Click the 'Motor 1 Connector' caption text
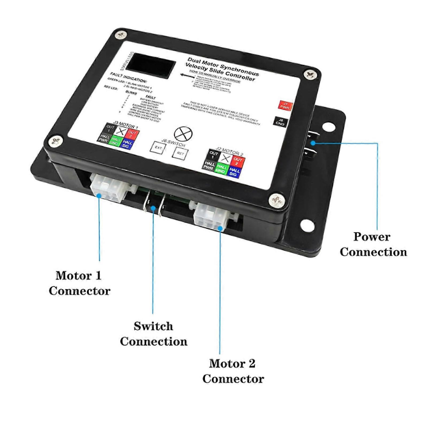coord(79,283)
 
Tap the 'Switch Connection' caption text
coord(153,334)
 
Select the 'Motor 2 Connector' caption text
coord(233,371)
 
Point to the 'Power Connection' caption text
coord(373,244)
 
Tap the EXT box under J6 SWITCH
coord(158,148)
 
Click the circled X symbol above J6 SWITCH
coord(183,133)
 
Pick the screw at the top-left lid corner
coord(121,35)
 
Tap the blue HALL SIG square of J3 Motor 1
coord(127,144)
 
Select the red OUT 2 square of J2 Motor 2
coord(237,161)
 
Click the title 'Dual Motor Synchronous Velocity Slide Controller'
coord(222,69)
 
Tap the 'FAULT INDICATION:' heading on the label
coord(128,78)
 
